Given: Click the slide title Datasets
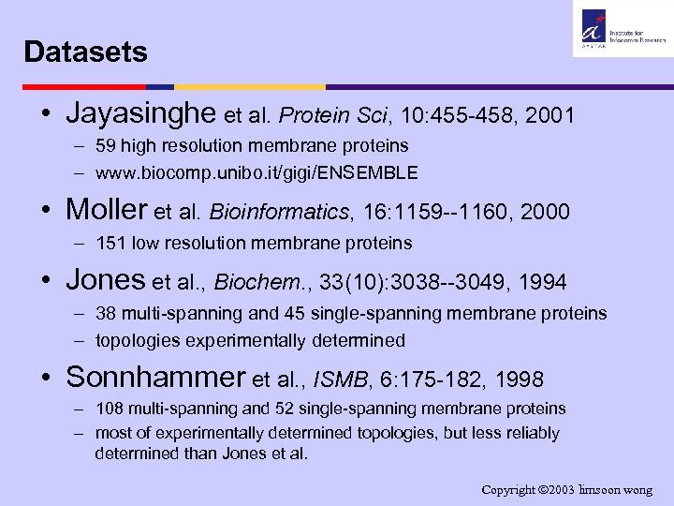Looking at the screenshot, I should click(x=86, y=52).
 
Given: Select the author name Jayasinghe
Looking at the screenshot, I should click(x=142, y=115).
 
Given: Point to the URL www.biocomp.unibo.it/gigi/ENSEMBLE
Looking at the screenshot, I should click(x=256, y=173).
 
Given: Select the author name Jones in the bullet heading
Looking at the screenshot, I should click(x=106, y=280).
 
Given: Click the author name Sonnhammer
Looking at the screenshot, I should click(x=155, y=377).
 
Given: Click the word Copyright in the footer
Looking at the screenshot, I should click(x=511, y=490).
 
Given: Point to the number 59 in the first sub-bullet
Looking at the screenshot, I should click(x=105, y=145).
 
